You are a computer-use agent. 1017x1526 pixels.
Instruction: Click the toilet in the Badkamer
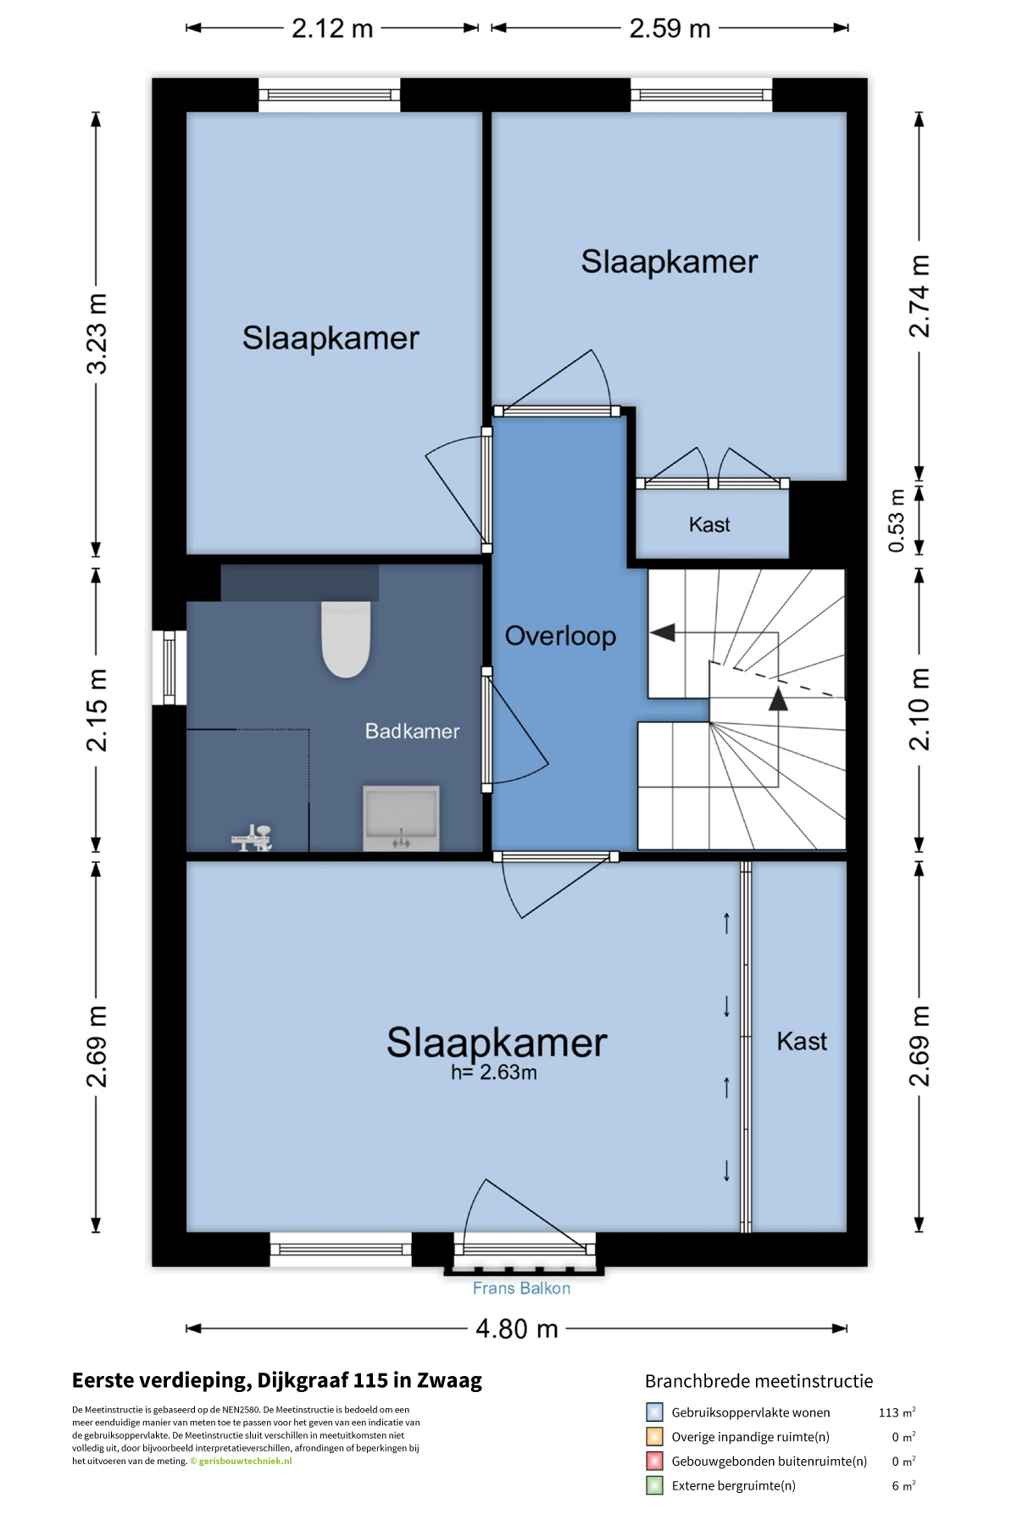pyautogui.click(x=346, y=638)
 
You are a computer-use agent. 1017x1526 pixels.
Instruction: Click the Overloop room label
pyautogui.click(x=560, y=636)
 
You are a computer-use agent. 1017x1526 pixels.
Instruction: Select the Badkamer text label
pyautogui.click(x=412, y=731)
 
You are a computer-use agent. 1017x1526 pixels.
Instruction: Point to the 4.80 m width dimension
pyautogui.click(x=517, y=1328)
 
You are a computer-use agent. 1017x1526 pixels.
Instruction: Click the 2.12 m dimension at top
pyautogui.click(x=332, y=28)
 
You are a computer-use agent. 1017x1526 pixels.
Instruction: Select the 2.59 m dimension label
pyautogui.click(x=670, y=28)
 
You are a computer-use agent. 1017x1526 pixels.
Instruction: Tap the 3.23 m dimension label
pyautogui.click(x=97, y=333)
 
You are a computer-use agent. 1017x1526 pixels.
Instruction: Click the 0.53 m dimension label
pyautogui.click(x=896, y=521)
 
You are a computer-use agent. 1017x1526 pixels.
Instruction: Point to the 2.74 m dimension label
pyautogui.click(x=920, y=296)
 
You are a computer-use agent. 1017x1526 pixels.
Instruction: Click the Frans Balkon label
pyautogui.click(x=521, y=1288)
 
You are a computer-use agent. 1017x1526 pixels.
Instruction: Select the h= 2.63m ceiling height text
pyautogui.click(x=494, y=1072)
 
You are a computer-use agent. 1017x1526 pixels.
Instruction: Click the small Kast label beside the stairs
pyautogui.click(x=709, y=525)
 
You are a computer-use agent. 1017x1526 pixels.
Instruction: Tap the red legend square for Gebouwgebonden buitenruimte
pyautogui.click(x=654, y=1461)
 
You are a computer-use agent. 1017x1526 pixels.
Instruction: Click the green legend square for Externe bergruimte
pyautogui.click(x=654, y=1485)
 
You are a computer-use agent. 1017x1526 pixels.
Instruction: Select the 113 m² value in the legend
pyautogui.click(x=897, y=1412)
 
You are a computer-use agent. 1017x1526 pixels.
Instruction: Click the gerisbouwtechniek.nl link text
pyautogui.click(x=245, y=1461)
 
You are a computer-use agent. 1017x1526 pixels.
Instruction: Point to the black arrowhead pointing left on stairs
pyautogui.click(x=663, y=632)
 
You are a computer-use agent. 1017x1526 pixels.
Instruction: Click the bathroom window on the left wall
pyautogui.click(x=169, y=667)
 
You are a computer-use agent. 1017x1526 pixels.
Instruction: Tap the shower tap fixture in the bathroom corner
pyautogui.click(x=252, y=838)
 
